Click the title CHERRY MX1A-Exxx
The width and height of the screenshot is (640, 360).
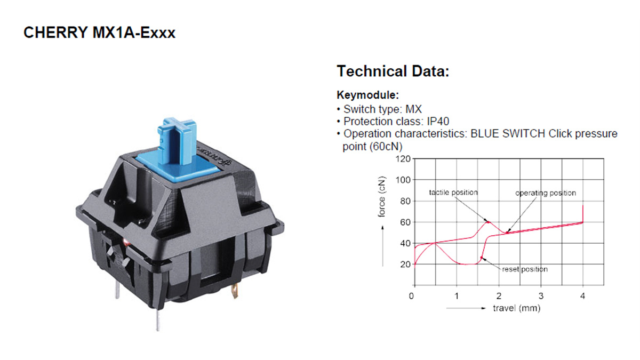(99, 33)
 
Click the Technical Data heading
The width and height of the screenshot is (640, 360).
(393, 71)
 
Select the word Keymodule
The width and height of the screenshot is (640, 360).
(367, 95)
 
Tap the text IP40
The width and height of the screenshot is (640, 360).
(438, 122)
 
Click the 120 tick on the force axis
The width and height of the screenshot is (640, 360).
(403, 159)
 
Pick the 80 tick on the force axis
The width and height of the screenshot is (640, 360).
(405, 201)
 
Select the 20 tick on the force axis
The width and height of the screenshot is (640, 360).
(405, 265)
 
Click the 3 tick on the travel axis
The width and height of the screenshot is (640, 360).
(541, 296)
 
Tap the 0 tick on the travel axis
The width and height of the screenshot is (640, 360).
(411, 296)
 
